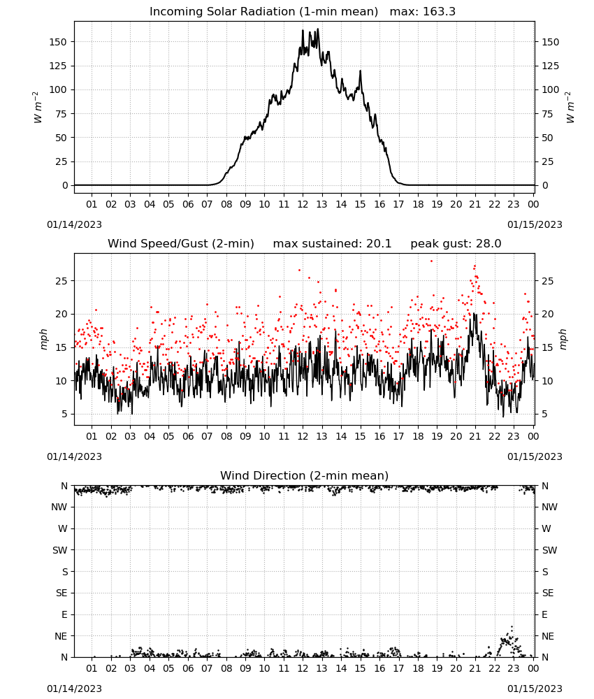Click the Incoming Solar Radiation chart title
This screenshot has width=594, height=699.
[263, 12]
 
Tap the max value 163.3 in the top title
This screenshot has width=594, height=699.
[439, 12]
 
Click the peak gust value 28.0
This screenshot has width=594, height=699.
[488, 244]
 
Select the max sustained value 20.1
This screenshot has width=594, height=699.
[379, 244]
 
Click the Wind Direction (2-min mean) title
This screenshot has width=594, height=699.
[305, 475]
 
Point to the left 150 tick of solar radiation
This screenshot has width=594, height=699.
[58, 42]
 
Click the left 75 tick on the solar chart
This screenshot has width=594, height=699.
[61, 114]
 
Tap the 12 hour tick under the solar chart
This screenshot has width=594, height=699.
[303, 204]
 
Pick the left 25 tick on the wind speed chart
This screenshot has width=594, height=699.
[61, 281]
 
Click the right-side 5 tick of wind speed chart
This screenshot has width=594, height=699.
[544, 414]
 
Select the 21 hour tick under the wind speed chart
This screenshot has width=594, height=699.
[475, 436]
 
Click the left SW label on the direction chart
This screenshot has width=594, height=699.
[59, 550]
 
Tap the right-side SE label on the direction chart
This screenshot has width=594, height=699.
[548, 593]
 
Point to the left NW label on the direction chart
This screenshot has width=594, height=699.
[59, 507]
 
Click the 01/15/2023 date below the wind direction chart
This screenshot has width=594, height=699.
[535, 689]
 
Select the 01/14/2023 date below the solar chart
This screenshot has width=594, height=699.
[74, 224]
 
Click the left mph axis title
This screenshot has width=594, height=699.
[43, 339]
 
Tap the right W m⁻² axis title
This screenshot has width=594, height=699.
[570, 108]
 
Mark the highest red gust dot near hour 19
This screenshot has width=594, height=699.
[431, 261]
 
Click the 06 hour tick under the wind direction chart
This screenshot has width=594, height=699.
[188, 668]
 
